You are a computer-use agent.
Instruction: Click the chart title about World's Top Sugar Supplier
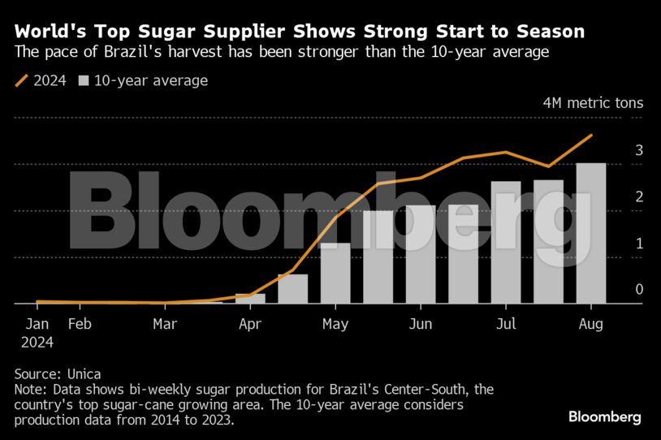tap(299, 32)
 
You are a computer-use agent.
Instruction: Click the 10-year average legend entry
tap(142, 80)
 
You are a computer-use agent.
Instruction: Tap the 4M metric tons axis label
tap(593, 103)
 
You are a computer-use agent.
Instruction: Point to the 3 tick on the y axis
tap(639, 150)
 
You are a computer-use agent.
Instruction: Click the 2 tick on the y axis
tap(639, 196)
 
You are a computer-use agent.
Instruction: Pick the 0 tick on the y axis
tap(639, 289)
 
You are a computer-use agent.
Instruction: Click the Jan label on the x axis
tap(37, 325)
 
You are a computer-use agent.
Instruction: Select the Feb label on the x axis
tap(79, 325)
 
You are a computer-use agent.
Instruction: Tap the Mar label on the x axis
tap(165, 325)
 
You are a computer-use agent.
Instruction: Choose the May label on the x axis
tap(335, 325)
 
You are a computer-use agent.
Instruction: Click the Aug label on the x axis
tap(590, 325)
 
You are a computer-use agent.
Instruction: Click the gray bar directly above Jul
tap(505, 243)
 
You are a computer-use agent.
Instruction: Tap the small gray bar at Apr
tap(250, 299)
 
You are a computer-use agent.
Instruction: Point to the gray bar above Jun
tap(420, 255)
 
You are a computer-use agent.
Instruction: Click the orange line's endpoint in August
tap(590, 136)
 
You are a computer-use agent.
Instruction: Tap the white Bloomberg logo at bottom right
tap(604, 417)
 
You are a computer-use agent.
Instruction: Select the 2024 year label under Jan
tap(37, 343)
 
